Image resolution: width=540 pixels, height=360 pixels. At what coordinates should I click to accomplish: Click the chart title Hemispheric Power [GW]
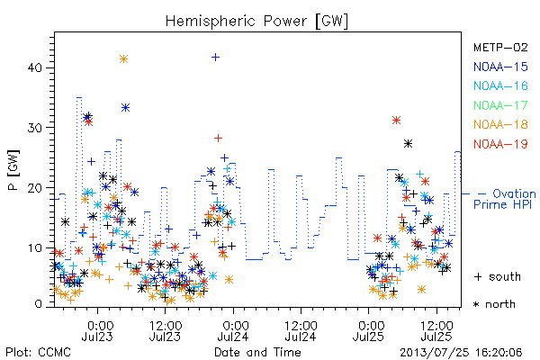tap(256, 22)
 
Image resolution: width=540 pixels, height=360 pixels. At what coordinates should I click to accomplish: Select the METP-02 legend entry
tap(500, 47)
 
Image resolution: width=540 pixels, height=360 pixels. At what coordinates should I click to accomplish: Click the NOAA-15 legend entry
tap(500, 67)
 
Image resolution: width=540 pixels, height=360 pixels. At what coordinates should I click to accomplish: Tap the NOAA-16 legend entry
tap(500, 85)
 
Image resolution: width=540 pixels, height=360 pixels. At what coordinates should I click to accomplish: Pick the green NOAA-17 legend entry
tap(500, 105)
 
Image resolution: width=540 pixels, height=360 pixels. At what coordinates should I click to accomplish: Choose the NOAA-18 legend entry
tap(500, 124)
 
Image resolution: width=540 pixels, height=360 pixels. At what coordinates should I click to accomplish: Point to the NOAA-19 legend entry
tap(500, 144)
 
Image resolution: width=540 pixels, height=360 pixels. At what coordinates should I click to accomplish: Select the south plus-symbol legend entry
tap(498, 276)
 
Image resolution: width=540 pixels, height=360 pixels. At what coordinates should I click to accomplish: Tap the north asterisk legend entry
tap(494, 304)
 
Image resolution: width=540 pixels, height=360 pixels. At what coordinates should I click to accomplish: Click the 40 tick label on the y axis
tap(34, 67)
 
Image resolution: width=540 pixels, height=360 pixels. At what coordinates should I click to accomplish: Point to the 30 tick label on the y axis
tap(34, 128)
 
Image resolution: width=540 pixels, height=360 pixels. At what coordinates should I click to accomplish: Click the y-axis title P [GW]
tap(13, 170)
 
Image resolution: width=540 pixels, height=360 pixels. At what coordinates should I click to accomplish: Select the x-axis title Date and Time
tap(257, 352)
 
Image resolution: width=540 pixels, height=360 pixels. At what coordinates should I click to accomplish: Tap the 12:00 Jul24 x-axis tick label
tap(301, 331)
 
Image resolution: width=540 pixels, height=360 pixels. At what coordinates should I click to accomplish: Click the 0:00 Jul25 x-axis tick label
tap(368, 331)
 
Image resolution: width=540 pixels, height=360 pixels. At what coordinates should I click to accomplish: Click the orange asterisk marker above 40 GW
tap(123, 58)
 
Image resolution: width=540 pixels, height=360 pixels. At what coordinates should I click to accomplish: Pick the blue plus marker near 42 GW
tap(215, 58)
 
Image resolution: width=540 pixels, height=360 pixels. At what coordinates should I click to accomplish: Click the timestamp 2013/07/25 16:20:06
tap(461, 353)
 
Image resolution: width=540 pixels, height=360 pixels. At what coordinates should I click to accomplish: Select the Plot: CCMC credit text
tap(38, 353)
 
